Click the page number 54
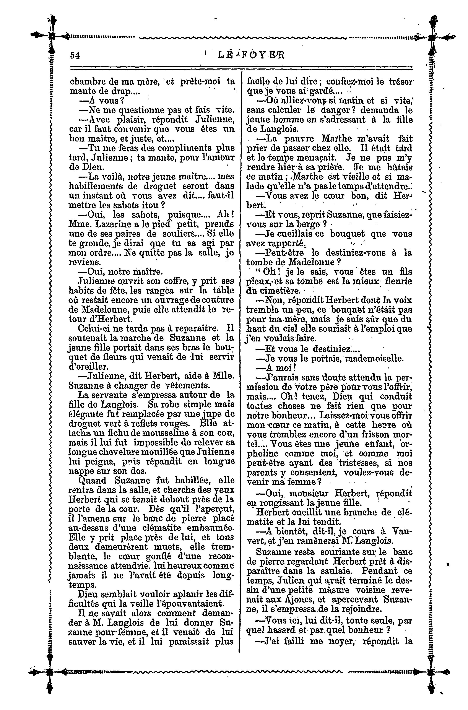74,55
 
